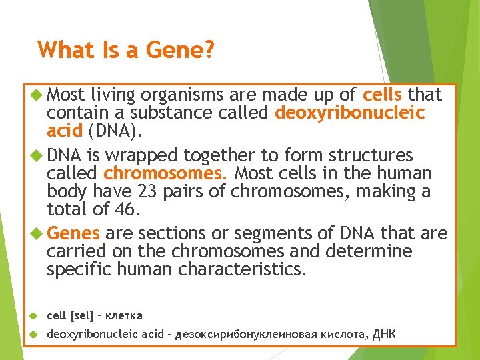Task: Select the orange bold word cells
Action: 383,94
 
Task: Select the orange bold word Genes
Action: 73,233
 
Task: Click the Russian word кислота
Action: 333,334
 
